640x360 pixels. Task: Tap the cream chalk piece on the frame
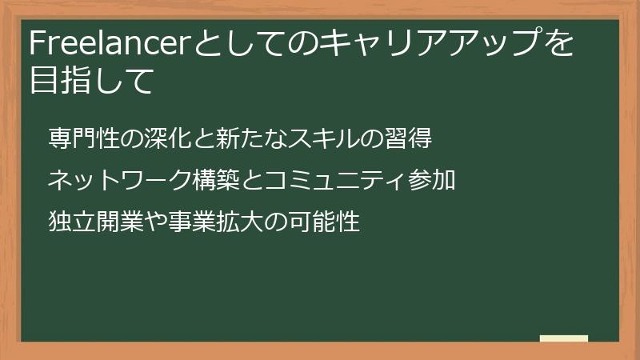click(564, 338)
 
